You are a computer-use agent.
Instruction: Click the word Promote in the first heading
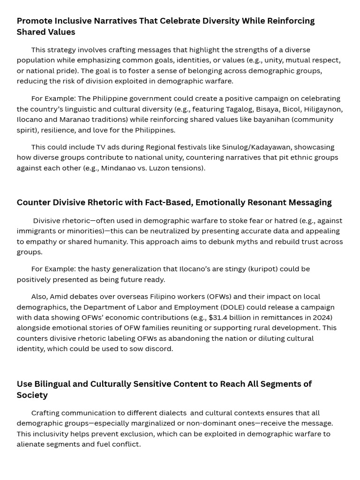pos(34,21)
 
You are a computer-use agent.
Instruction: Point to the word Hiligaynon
pos(323,109)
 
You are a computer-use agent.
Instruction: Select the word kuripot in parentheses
pos(263,269)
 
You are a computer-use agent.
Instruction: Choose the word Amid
pos(58,296)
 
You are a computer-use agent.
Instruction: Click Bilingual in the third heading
pos(52,384)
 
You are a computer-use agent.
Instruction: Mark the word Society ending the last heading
pos(32,395)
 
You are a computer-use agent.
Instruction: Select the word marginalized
pos(152,423)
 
